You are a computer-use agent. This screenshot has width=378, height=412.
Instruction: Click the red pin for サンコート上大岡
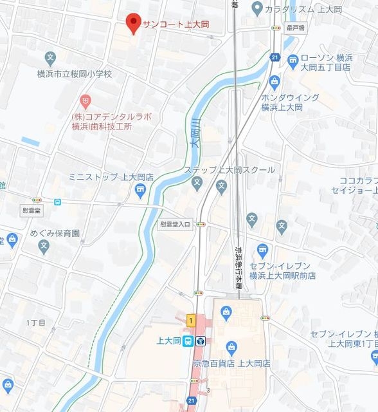click(133, 23)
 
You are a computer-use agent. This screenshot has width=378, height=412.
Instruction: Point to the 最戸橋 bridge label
click(295, 28)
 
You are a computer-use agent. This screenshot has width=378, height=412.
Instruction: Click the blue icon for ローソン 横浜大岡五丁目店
click(292, 61)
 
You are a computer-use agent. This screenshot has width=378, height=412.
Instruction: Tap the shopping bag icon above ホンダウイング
click(275, 81)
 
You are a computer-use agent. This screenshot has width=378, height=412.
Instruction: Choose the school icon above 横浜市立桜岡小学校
click(51, 58)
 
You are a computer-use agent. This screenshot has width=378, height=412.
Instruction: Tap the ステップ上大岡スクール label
click(230, 170)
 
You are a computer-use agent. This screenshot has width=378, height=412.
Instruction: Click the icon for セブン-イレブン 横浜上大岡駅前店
click(262, 250)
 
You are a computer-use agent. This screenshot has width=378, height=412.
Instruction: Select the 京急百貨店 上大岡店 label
click(231, 363)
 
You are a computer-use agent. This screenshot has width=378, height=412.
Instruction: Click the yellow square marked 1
click(190, 320)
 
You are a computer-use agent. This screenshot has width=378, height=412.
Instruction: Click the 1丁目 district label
click(36, 321)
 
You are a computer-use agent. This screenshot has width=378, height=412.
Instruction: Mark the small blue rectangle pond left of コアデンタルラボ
click(30, 140)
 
